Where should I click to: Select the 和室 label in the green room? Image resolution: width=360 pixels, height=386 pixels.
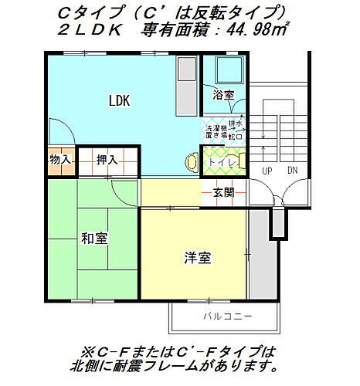[93, 238]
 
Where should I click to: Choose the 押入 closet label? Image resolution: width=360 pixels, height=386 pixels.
[107, 160]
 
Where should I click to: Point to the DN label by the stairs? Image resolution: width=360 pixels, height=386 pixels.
[291, 170]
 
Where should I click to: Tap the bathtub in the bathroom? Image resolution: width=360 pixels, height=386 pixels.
[226, 72]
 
